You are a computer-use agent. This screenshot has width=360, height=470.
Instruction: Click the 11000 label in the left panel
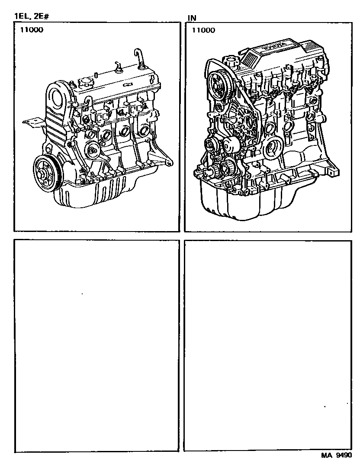click(x=32, y=30)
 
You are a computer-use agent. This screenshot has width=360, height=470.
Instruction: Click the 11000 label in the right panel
click(x=203, y=30)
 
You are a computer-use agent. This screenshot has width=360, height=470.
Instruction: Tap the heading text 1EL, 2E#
click(x=32, y=16)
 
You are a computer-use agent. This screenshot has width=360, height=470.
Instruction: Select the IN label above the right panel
click(x=192, y=18)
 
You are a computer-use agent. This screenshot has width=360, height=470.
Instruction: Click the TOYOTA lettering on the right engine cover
click(x=274, y=46)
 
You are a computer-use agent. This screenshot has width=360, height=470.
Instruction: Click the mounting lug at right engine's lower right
click(x=333, y=171)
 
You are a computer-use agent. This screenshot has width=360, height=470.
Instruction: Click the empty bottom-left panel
click(x=96, y=346)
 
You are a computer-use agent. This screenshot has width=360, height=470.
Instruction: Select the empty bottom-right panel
click(x=268, y=345)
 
